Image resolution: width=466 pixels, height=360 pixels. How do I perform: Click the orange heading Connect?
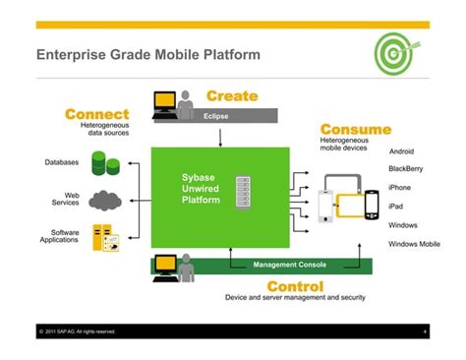pyautogui.click(x=97, y=115)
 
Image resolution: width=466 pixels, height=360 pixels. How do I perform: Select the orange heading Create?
pyautogui.click(x=232, y=95)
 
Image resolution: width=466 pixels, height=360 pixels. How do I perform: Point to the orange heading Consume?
pyautogui.click(x=355, y=129)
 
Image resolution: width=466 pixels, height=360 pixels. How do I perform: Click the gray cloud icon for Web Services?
pyautogui.click(x=104, y=202)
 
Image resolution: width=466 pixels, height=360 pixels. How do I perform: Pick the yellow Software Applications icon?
pyautogui.click(x=103, y=238)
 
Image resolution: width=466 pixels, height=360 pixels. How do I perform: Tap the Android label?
pyautogui.click(x=401, y=151)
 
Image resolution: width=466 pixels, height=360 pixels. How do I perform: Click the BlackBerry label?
pyautogui.click(x=405, y=169)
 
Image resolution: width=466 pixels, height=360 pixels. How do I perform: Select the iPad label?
pyautogui.click(x=396, y=207)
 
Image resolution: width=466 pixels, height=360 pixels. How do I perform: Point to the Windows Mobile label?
pyautogui.click(x=414, y=243)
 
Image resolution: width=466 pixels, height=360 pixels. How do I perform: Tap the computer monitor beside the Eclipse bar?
pyautogui.click(x=164, y=102)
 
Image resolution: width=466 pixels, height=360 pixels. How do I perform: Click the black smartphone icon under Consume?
pyautogui.click(x=372, y=205)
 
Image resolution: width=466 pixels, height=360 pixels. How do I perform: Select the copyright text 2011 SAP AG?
pyautogui.click(x=79, y=331)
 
